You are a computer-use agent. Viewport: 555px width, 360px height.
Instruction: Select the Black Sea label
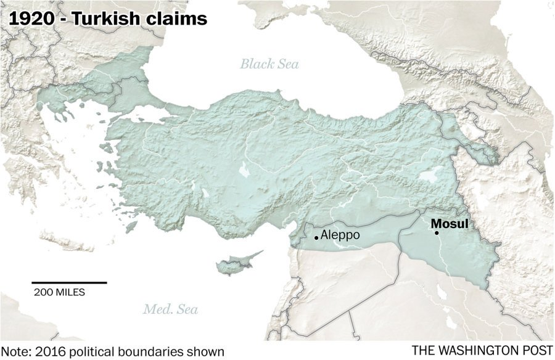click(x=269, y=63)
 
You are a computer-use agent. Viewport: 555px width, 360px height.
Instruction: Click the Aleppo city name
click(x=340, y=235)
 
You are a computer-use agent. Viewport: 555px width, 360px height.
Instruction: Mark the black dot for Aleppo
click(x=316, y=237)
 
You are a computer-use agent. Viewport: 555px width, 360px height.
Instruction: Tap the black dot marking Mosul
click(x=437, y=233)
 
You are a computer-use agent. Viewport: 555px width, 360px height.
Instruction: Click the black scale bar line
click(x=69, y=282)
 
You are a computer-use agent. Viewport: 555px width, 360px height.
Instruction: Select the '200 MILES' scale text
click(x=59, y=292)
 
